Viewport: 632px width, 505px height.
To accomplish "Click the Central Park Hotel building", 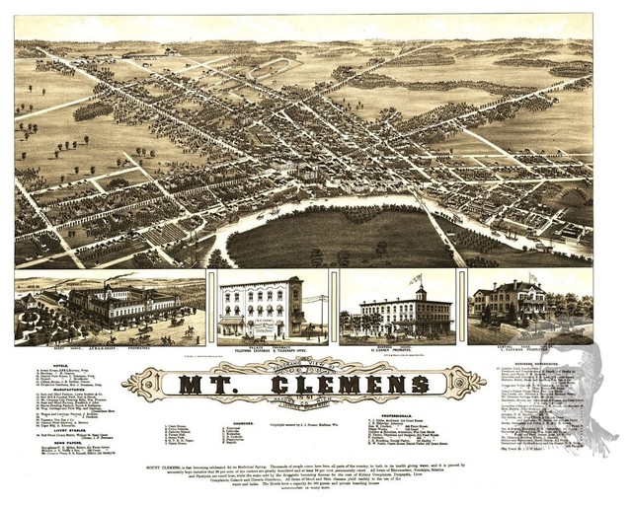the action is pos(509,306).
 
